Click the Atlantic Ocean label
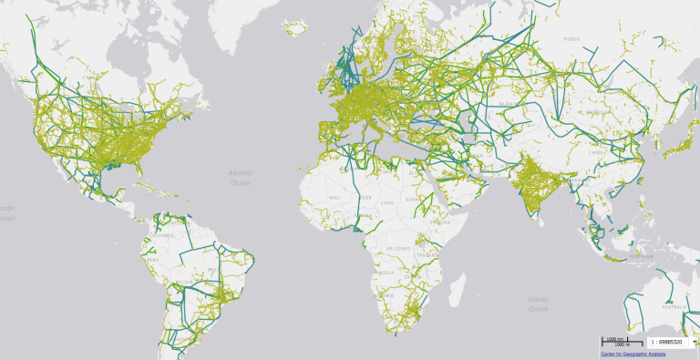coord(241,178)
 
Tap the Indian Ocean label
coord(539,303)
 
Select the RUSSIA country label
coord(571,39)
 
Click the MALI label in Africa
coord(335,198)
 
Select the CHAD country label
coord(387,202)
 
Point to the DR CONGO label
coord(396,249)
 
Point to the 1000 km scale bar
coord(615,341)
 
